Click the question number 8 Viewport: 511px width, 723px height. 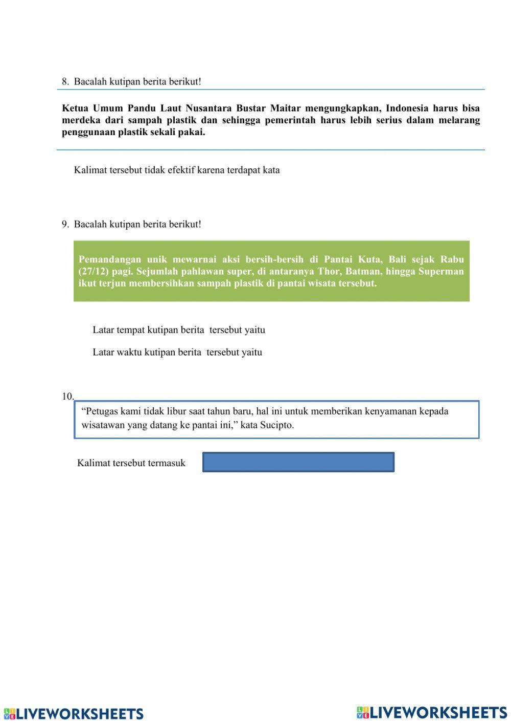point(65,81)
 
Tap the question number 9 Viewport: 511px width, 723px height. point(65,224)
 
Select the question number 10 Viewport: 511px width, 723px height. point(67,396)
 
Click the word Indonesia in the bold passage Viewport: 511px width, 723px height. point(407,108)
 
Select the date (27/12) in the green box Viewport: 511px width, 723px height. point(94,271)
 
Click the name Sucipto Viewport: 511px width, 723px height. point(276,425)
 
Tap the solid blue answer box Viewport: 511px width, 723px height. point(298,462)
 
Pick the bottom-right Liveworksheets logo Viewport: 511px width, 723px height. point(431,712)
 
